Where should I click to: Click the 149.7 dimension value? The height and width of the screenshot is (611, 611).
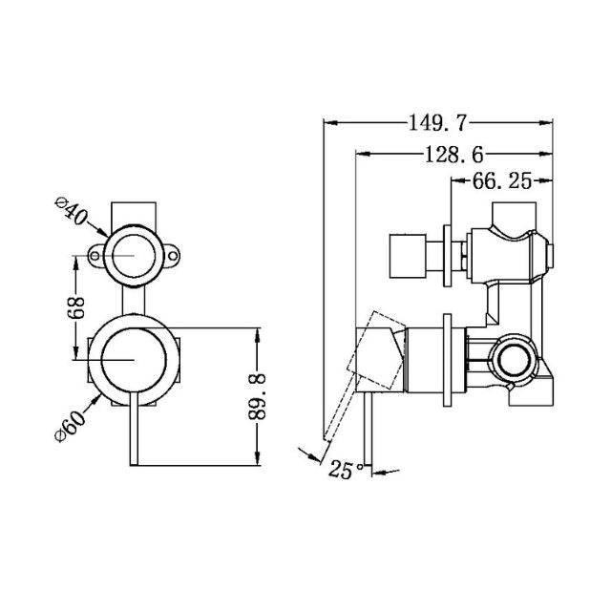click(x=438, y=123)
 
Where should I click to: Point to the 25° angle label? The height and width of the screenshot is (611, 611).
click(x=345, y=469)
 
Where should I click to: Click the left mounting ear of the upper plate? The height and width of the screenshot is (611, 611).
click(x=96, y=256)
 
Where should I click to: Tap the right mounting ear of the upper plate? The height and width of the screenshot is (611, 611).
click(x=173, y=256)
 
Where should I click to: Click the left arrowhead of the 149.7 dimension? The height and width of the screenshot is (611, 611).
click(x=329, y=123)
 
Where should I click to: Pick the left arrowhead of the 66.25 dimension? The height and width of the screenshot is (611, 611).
click(x=452, y=181)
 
